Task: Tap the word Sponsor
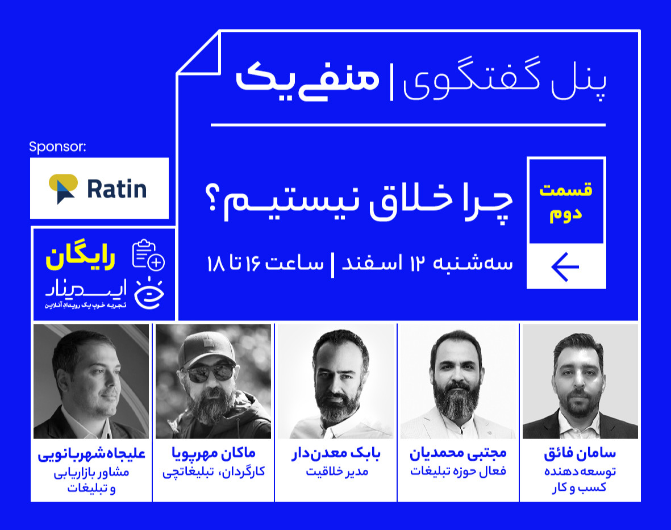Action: point(57,148)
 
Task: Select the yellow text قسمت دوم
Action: point(565,202)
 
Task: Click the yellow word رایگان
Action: point(81,258)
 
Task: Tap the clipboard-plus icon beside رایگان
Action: point(148,256)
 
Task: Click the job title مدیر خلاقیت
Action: point(336,472)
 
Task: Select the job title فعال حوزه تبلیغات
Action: point(458,472)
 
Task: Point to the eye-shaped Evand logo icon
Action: point(149,292)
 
